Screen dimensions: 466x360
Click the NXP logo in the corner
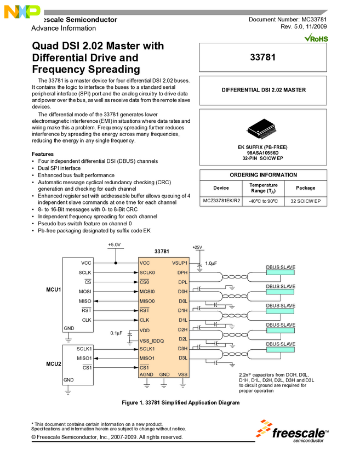pyautogui.click(x=21, y=11)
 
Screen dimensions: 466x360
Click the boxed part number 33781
pyautogui.click(x=262, y=57)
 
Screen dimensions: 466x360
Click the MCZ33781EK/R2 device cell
pyautogui.click(x=221, y=201)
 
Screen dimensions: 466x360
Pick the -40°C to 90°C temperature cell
pyautogui.click(x=263, y=201)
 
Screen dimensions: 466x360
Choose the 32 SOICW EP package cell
pyautogui.click(x=305, y=201)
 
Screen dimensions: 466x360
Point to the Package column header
pyautogui.click(x=305, y=188)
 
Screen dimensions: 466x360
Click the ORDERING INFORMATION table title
pyautogui.click(x=263, y=175)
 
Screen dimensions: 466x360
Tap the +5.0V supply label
pyautogui.click(x=115, y=245)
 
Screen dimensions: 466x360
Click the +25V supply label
pyautogui.click(x=198, y=247)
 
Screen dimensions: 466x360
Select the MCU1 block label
pyautogui.click(x=53, y=289)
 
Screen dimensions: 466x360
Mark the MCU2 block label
pyautogui.click(x=53, y=363)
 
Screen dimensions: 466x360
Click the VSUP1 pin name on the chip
pyautogui.click(x=180, y=263)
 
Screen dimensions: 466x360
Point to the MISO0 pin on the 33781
pyautogui.click(x=147, y=301)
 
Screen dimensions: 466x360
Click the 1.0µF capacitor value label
pyautogui.click(x=211, y=264)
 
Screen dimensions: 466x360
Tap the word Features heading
pyautogui.click(x=43, y=154)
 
